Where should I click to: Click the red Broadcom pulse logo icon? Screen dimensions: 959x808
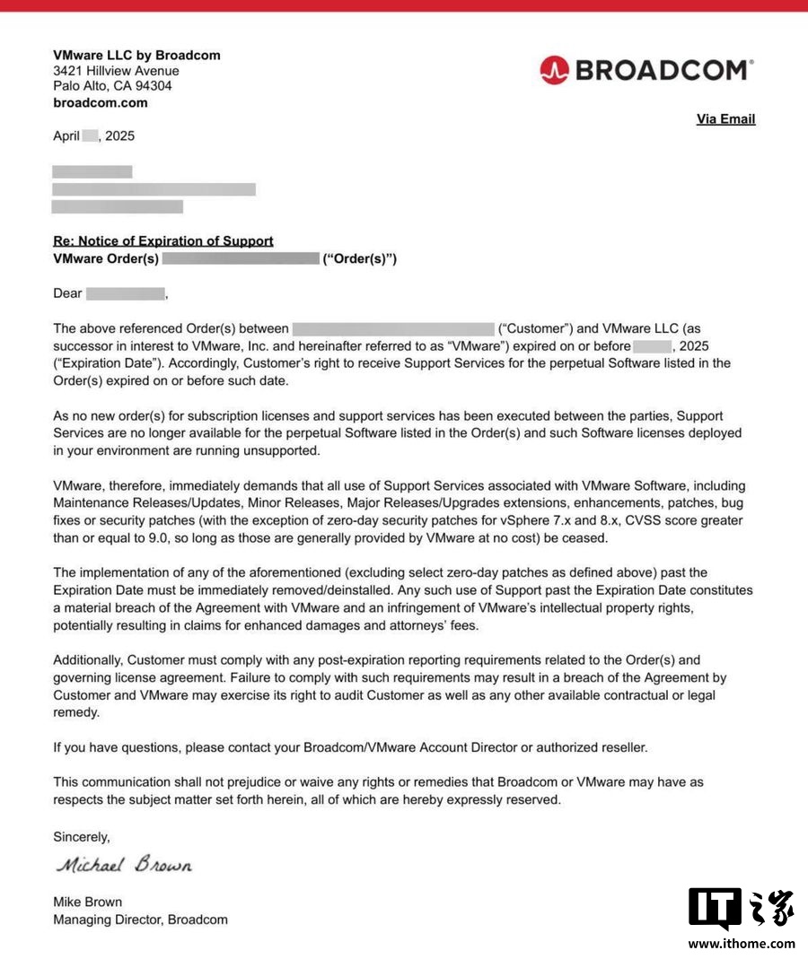pyautogui.click(x=555, y=70)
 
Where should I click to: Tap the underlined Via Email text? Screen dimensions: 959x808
pyautogui.click(x=725, y=119)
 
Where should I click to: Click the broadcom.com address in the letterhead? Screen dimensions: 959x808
pyautogui.click(x=101, y=103)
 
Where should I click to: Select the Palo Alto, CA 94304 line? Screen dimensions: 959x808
pyautogui.click(x=112, y=86)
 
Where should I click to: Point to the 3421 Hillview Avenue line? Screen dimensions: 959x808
pyautogui.click(x=116, y=71)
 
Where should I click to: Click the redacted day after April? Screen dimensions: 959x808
pyautogui.click(x=90, y=136)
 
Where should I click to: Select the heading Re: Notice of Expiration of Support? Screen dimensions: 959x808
pyautogui.click(x=163, y=241)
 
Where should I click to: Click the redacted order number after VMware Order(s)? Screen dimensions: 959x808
pyautogui.click(x=241, y=259)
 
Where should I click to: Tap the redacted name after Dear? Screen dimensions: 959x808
pyautogui.click(x=126, y=293)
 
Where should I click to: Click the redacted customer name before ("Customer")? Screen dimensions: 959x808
pyautogui.click(x=393, y=329)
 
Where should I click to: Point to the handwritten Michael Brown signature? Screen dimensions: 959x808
pyautogui.click(x=124, y=866)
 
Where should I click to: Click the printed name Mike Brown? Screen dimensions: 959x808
pyautogui.click(x=88, y=902)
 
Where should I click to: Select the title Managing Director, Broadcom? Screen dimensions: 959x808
pyautogui.click(x=140, y=920)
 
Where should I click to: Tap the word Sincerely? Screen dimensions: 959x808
pyautogui.click(x=82, y=837)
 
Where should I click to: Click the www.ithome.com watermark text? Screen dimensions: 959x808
pyautogui.click(x=742, y=943)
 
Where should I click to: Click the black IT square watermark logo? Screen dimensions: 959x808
pyautogui.click(x=715, y=909)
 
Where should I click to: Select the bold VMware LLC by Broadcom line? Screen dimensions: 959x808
pyautogui.click(x=136, y=56)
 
